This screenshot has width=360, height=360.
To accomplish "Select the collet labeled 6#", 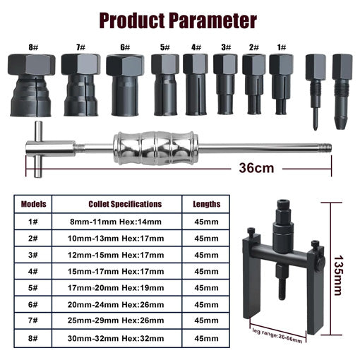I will point(124,84).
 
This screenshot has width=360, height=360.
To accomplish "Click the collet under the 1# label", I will point(280,83).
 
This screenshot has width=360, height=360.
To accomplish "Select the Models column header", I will point(33,204).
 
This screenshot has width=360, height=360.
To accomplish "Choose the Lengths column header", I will point(205,204).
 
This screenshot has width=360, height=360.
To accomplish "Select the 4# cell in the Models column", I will point(33,271).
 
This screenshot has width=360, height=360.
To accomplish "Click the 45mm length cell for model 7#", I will point(205,321).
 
